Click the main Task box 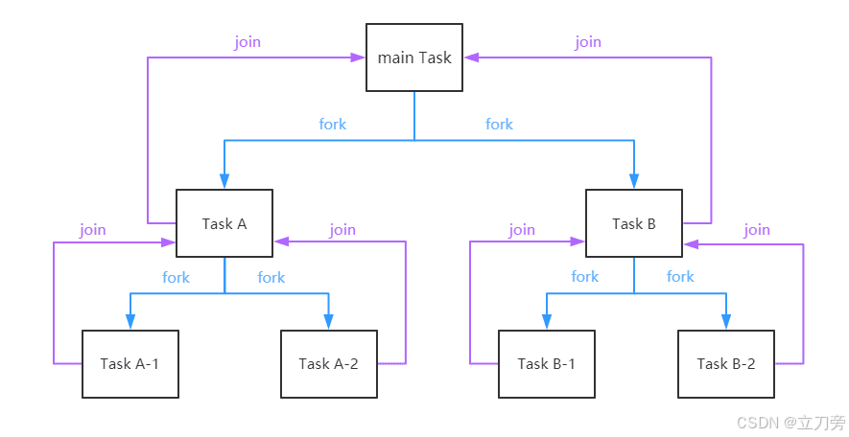pyautogui.click(x=414, y=57)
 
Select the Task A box pyautogui.click(x=224, y=223)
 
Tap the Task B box pyautogui.click(x=634, y=223)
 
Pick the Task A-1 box pyautogui.click(x=130, y=364)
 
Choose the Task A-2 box pyautogui.click(x=328, y=364)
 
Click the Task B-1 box pyautogui.click(x=546, y=364)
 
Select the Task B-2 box pyautogui.click(x=725, y=364)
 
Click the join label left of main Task pyautogui.click(x=248, y=42)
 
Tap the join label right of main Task pyautogui.click(x=588, y=42)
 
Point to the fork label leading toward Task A pyautogui.click(x=333, y=124)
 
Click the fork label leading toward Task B pyautogui.click(x=499, y=124)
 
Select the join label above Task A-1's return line pyautogui.click(x=93, y=229)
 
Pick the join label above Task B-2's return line pyautogui.click(x=757, y=229)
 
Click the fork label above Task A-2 pyautogui.click(x=271, y=277)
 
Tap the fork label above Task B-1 pyautogui.click(x=584, y=276)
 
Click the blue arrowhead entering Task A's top pyautogui.click(x=224, y=181)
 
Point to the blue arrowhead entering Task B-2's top pyautogui.click(x=725, y=323)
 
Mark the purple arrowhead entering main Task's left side pyautogui.click(x=359, y=57)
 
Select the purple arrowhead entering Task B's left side pyautogui.click(x=578, y=241)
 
